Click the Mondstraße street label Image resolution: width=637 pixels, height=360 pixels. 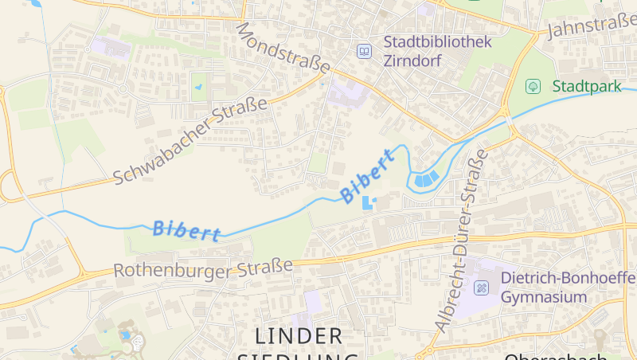[283, 49]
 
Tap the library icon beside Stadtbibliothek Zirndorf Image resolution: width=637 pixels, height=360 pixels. [364, 51]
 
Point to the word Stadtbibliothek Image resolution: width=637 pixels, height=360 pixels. [438, 42]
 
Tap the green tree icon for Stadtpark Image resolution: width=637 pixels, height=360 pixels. [533, 85]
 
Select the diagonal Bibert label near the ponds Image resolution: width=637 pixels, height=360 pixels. [367, 176]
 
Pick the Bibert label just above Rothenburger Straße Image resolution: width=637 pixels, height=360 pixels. [186, 231]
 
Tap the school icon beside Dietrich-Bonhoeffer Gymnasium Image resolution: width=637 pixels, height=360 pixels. [482, 288]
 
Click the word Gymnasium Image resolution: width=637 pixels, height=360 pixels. [544, 297]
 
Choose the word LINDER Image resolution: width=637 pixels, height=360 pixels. [300, 335]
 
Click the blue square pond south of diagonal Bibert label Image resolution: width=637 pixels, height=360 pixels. [367, 203]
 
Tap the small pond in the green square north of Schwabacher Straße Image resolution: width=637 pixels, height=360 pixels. [199, 85]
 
